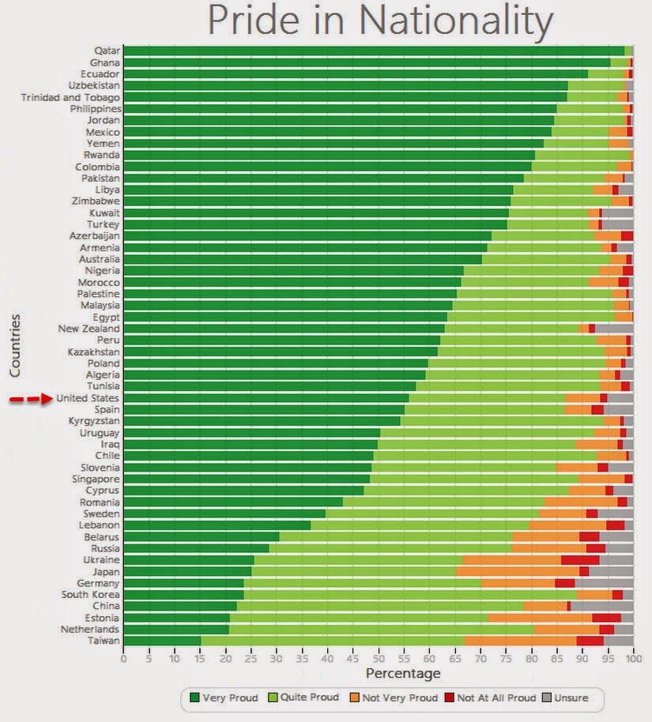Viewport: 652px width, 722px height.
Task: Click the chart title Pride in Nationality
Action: pos(379,22)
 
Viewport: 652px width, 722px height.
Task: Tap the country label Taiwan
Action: pos(104,641)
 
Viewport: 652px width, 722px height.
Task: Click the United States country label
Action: pos(88,398)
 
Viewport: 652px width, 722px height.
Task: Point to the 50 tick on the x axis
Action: pos(379,657)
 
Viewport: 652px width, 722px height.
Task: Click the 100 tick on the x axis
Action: pos(632,657)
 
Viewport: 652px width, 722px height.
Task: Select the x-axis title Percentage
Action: pos(402,674)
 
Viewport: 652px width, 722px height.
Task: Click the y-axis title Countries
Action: pos(15,345)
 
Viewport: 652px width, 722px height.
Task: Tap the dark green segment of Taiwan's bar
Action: pos(162,641)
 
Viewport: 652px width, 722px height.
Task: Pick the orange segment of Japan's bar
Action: pos(518,571)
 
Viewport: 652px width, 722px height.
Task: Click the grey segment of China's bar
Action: pos(601,606)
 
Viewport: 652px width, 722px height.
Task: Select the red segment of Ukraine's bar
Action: pos(580,560)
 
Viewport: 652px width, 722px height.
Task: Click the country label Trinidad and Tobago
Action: pos(70,97)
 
